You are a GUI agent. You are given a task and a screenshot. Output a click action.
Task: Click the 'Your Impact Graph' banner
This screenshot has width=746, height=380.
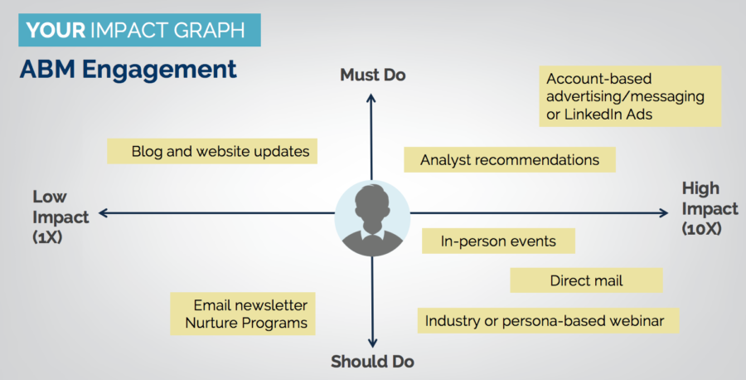click(x=139, y=30)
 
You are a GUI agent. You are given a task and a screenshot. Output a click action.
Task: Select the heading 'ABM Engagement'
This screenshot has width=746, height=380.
click(x=128, y=70)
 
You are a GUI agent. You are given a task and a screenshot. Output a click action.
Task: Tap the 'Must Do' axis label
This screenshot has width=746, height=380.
click(x=372, y=75)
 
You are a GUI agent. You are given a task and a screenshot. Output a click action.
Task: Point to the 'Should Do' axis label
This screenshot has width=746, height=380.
click(x=372, y=362)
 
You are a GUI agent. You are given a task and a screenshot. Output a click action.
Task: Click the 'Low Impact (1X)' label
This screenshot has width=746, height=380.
click(x=61, y=217)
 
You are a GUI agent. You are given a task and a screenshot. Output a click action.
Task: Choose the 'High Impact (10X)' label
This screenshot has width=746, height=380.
click(x=710, y=208)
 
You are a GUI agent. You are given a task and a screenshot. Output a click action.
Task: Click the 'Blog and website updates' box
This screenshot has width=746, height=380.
click(x=212, y=152)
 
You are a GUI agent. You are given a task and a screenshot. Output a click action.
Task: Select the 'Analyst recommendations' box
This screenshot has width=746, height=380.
click(x=510, y=159)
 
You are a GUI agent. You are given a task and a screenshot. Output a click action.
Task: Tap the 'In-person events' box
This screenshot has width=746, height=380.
click(x=498, y=241)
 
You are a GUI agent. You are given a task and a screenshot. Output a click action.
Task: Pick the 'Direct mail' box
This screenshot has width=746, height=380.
click(x=586, y=280)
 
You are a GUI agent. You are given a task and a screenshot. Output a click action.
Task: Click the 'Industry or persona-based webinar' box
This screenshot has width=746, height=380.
click(x=548, y=320)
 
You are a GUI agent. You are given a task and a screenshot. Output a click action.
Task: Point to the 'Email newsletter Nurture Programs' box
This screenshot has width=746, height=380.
click(x=243, y=314)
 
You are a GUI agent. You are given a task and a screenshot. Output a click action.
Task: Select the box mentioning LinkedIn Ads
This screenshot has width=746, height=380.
click(x=630, y=96)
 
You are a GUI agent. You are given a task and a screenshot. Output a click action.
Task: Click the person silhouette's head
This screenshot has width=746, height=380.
click(x=372, y=202)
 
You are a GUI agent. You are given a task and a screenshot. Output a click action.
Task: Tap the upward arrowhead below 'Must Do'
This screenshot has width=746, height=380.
click(x=371, y=97)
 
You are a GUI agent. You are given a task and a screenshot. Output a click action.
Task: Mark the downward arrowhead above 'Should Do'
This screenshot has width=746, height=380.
click(x=372, y=343)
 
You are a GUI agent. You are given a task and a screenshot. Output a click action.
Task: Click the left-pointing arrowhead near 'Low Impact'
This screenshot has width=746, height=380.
click(x=104, y=213)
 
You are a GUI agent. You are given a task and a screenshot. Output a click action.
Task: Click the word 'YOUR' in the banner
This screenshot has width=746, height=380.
click(x=56, y=31)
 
